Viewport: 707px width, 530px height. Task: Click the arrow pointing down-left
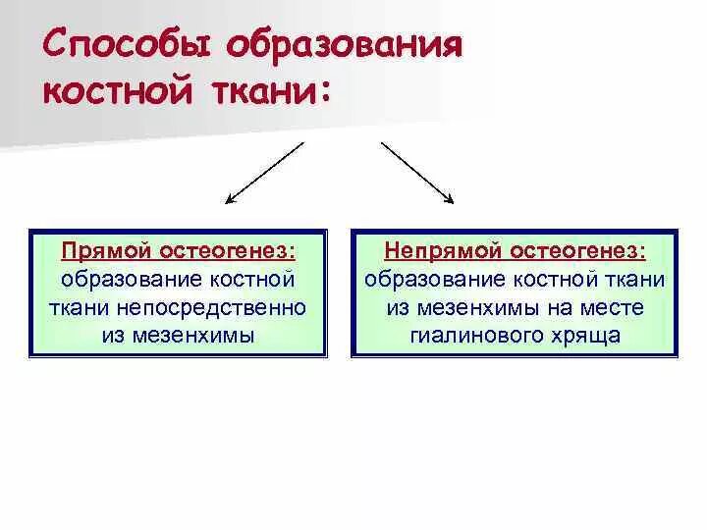(265, 173)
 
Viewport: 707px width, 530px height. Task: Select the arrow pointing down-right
(417, 173)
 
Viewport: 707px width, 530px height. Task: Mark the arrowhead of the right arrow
(450, 200)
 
